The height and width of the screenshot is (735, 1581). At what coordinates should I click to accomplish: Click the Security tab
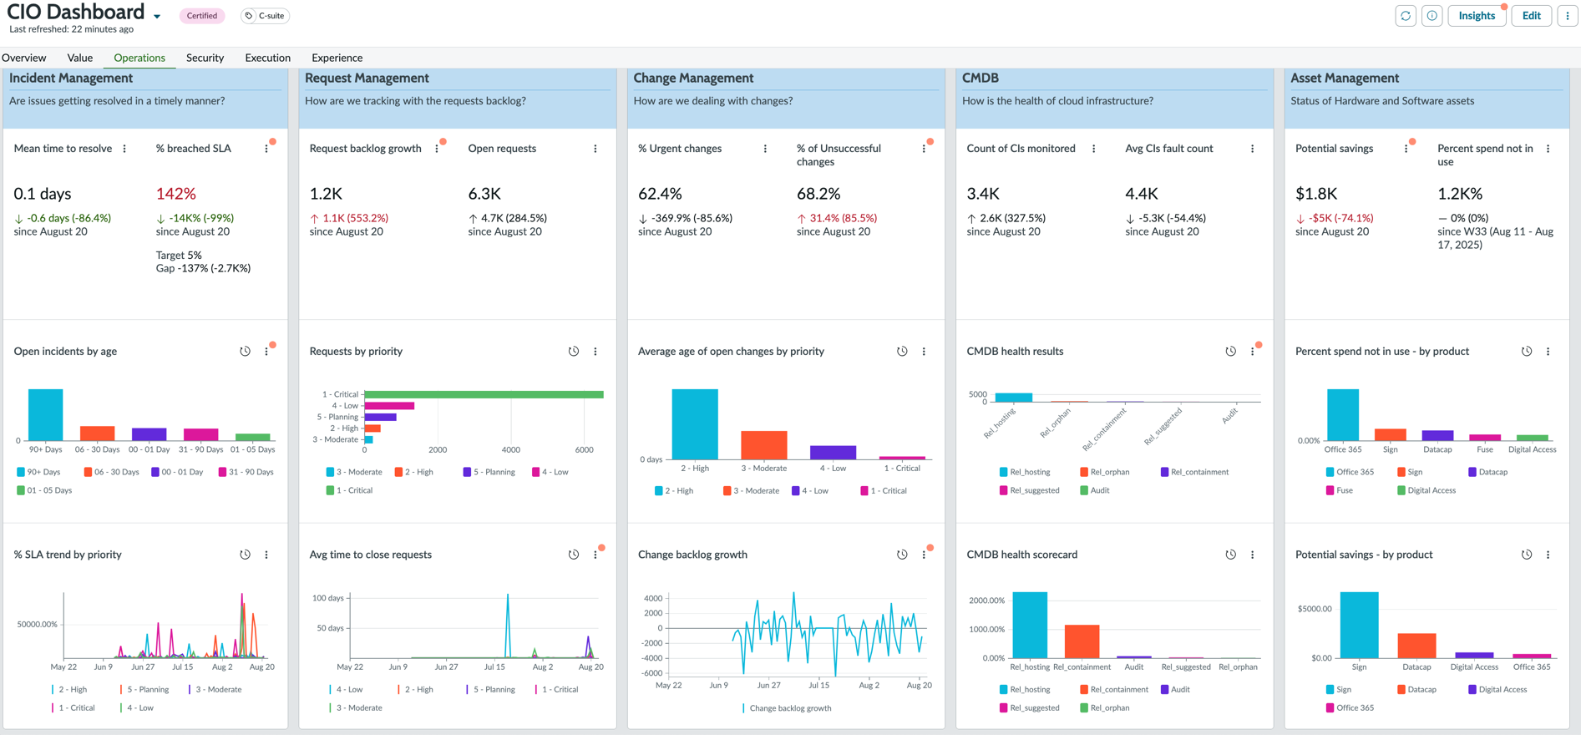(x=205, y=58)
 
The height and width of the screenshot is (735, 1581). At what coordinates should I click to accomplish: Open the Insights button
(x=1477, y=16)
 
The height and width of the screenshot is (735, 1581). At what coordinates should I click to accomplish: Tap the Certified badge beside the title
(x=202, y=16)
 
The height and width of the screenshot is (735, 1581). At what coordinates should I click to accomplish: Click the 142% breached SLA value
(x=176, y=194)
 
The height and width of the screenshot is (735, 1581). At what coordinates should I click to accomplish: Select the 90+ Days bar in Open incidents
(x=46, y=414)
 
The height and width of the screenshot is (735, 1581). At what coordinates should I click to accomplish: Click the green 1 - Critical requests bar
(x=484, y=394)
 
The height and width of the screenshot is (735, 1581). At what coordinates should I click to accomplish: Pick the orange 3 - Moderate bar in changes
(x=764, y=445)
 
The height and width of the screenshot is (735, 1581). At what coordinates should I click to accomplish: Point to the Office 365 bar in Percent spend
(x=1343, y=414)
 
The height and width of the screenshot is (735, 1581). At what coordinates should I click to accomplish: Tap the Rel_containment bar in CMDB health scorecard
(x=1082, y=641)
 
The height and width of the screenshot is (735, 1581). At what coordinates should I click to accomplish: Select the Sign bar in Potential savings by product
(x=1360, y=626)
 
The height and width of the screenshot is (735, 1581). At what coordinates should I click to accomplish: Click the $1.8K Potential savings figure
(x=1316, y=194)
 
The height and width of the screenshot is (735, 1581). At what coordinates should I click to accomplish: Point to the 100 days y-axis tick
(x=328, y=598)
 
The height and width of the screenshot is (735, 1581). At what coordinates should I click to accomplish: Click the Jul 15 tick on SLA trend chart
(x=182, y=667)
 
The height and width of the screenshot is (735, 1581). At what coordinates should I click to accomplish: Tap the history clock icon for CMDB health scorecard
(x=1230, y=555)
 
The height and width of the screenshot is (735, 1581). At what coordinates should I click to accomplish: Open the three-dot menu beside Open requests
(x=595, y=149)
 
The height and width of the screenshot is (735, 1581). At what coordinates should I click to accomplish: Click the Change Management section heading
(x=693, y=78)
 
